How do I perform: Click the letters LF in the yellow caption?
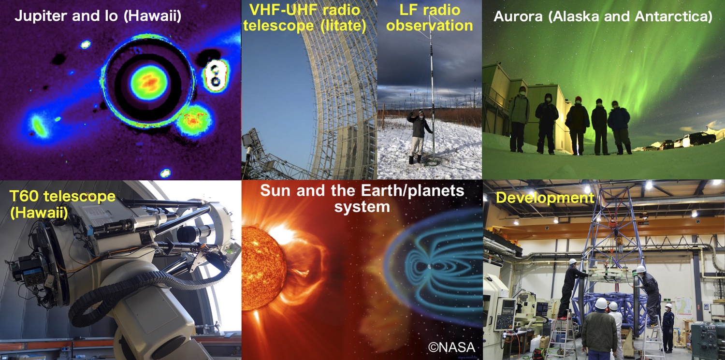(408, 10)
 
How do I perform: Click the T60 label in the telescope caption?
(25, 196)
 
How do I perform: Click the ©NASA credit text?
(452, 347)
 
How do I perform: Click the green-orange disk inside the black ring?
(149, 82)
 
